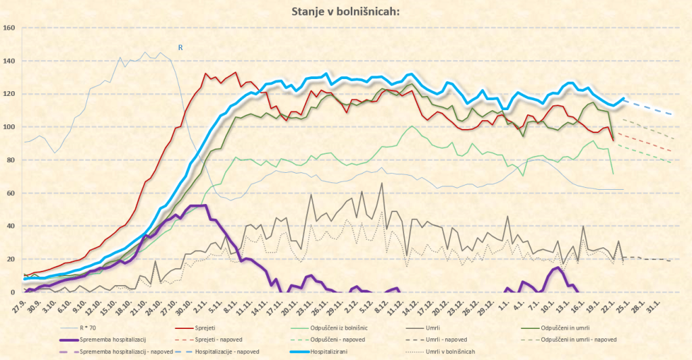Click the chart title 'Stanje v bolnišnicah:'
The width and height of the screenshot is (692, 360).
pyautogui.click(x=345, y=11)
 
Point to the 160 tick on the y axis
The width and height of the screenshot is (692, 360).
pyautogui.click(x=9, y=28)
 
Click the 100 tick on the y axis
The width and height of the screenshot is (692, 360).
pyautogui.click(x=9, y=127)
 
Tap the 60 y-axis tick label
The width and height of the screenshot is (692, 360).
pyautogui.click(x=9, y=193)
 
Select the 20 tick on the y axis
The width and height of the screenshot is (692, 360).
pyautogui.click(x=9, y=259)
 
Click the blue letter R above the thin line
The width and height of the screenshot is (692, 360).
pyautogui.click(x=180, y=47)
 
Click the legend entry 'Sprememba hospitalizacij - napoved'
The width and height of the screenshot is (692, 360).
pyautogui.click(x=122, y=352)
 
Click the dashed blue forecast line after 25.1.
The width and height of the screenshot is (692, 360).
pyautogui.click(x=649, y=107)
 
